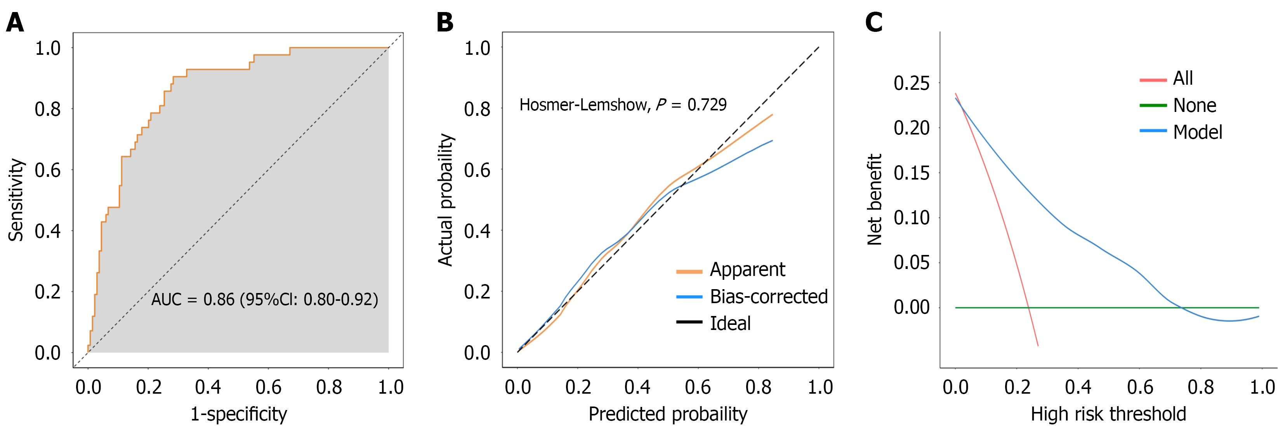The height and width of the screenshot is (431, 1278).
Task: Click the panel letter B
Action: coord(445,23)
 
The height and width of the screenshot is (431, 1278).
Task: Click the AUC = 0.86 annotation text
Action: coord(264,299)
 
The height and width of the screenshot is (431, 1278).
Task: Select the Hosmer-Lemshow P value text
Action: coord(623,105)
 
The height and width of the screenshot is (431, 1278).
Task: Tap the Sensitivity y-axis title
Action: coord(16,200)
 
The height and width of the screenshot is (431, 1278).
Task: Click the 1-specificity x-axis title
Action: coord(239,414)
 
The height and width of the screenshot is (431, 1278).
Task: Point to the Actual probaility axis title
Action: coord(446,200)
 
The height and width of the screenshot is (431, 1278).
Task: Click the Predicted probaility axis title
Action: coord(668,414)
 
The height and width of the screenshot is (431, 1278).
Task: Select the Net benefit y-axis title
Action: coord(874,200)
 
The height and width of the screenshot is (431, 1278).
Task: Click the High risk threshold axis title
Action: coord(1108,414)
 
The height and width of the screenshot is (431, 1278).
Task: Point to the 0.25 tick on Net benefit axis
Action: coord(912,83)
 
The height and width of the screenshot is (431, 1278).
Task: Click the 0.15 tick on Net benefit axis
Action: coord(912,173)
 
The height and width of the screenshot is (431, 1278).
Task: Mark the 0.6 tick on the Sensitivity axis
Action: coord(48,170)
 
